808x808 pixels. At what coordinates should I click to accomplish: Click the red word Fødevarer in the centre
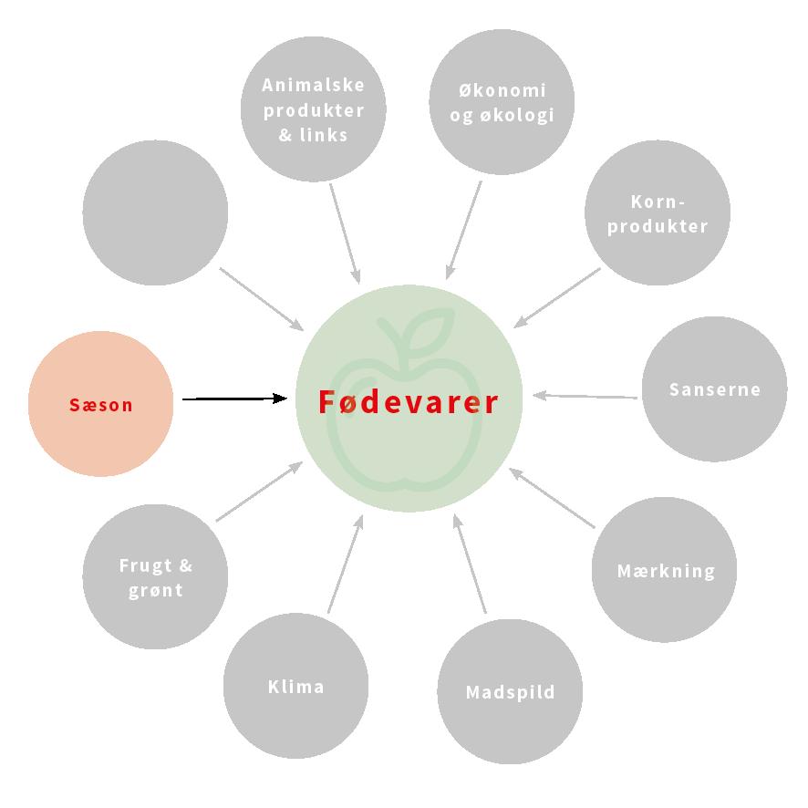tap(409, 402)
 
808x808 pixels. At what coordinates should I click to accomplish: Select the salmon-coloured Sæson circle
tap(101, 404)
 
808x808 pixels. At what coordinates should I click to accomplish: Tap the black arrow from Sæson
tap(234, 399)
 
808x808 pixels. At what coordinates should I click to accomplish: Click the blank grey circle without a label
tap(155, 212)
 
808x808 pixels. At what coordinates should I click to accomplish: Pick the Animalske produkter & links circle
tap(313, 110)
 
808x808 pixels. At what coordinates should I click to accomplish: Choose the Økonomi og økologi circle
tap(502, 102)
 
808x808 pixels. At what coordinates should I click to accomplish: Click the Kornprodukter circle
tap(658, 213)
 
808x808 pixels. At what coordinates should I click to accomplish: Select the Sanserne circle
tap(714, 389)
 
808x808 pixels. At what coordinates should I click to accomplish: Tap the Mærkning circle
tap(665, 571)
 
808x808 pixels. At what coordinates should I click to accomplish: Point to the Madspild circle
tap(510, 691)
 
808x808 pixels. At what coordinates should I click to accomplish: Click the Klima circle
tap(295, 686)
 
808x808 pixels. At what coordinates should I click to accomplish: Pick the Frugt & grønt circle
tap(155, 576)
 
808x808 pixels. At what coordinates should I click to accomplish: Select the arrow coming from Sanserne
tap(585, 396)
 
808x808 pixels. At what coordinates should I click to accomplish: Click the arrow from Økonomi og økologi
tap(464, 229)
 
